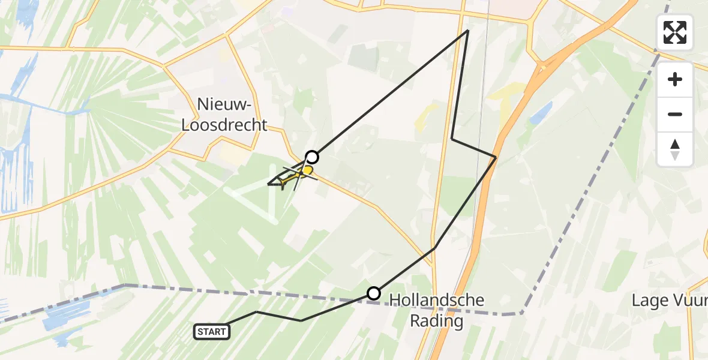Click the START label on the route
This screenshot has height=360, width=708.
(x=212, y=331)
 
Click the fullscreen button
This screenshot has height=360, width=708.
(x=675, y=32)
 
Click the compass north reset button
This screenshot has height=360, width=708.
(x=675, y=149)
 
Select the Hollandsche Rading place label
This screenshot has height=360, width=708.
(x=437, y=310)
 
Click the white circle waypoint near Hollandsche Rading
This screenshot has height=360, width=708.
(x=374, y=293)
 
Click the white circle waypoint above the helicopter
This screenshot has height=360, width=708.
(x=311, y=157)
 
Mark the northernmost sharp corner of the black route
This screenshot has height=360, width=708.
(x=467, y=31)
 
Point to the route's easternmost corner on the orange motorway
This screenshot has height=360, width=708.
(x=496, y=157)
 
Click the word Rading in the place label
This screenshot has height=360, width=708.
(x=437, y=321)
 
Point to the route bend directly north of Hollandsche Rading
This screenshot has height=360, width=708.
(x=434, y=248)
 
